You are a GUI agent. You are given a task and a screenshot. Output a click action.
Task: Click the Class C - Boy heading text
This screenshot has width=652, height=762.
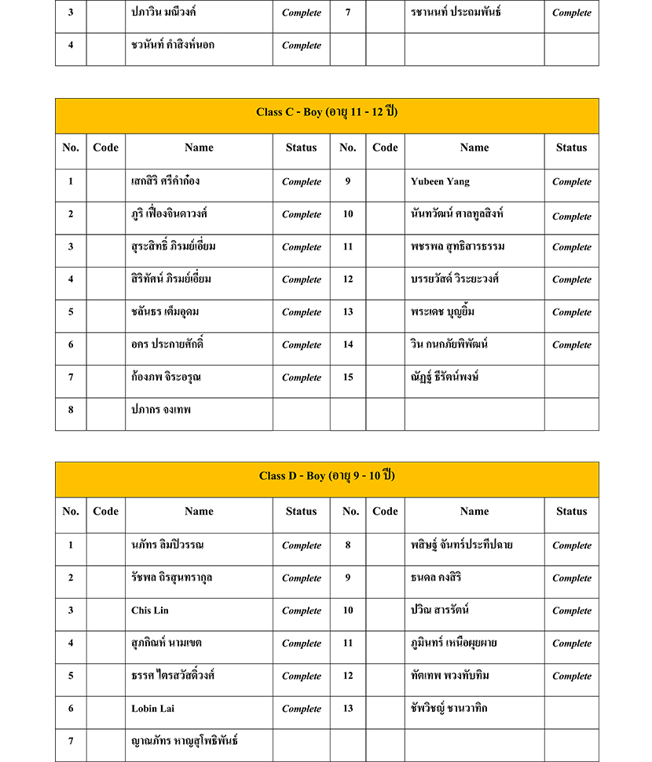tap(327, 112)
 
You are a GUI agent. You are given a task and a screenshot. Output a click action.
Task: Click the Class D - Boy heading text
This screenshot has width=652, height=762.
tap(327, 476)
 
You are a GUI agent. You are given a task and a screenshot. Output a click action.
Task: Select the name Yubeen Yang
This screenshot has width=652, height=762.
tap(440, 181)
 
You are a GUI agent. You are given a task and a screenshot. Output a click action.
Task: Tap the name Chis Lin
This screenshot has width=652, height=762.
tap(150, 611)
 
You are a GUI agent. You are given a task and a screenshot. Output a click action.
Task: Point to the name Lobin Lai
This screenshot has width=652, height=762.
tap(153, 709)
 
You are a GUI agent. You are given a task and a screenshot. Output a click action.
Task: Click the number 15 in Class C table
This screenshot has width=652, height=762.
tap(348, 377)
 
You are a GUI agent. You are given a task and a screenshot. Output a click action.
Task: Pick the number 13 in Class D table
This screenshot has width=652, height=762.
tap(348, 709)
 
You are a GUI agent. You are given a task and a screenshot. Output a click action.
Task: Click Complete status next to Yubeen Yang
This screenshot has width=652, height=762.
tap(571, 182)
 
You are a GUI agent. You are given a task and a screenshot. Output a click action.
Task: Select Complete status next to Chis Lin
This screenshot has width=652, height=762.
tap(301, 611)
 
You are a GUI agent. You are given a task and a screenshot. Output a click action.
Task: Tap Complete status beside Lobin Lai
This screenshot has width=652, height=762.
tap(301, 709)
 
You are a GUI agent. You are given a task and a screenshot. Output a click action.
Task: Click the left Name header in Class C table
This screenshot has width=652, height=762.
tap(199, 148)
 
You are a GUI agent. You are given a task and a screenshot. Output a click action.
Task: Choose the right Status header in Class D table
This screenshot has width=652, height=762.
tap(571, 512)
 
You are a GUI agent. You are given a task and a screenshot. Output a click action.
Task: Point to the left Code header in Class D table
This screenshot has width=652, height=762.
tap(105, 512)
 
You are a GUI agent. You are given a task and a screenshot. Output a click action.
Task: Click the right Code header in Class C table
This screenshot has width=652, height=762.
tap(385, 148)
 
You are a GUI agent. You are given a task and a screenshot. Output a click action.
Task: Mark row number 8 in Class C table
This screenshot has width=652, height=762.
tap(71, 410)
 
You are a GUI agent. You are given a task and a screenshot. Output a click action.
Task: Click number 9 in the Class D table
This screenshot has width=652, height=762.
tap(348, 578)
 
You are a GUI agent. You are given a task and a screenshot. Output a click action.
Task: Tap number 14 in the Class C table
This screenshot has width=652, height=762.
tap(348, 345)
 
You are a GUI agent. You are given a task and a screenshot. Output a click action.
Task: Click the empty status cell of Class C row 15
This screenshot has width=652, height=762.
tap(571, 377)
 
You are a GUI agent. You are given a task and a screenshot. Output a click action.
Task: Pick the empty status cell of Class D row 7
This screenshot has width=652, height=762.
tap(301, 742)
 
